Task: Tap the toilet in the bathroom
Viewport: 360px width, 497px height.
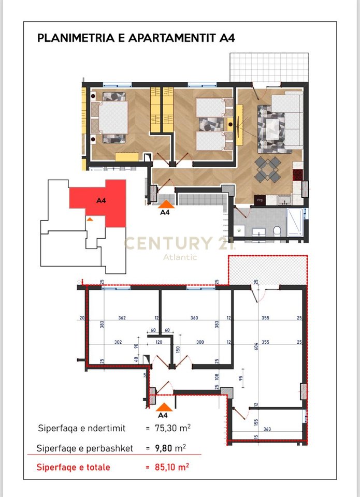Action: point(277,230)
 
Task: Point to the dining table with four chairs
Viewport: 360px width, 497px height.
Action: point(267,169)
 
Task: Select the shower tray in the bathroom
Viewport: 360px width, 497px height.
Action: point(295,222)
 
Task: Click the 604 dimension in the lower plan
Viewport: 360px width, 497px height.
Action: point(256,347)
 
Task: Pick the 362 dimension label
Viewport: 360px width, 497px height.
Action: point(122,318)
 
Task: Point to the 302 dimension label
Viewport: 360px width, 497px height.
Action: point(118,342)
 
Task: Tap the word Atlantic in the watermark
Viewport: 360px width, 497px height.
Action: point(180,257)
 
